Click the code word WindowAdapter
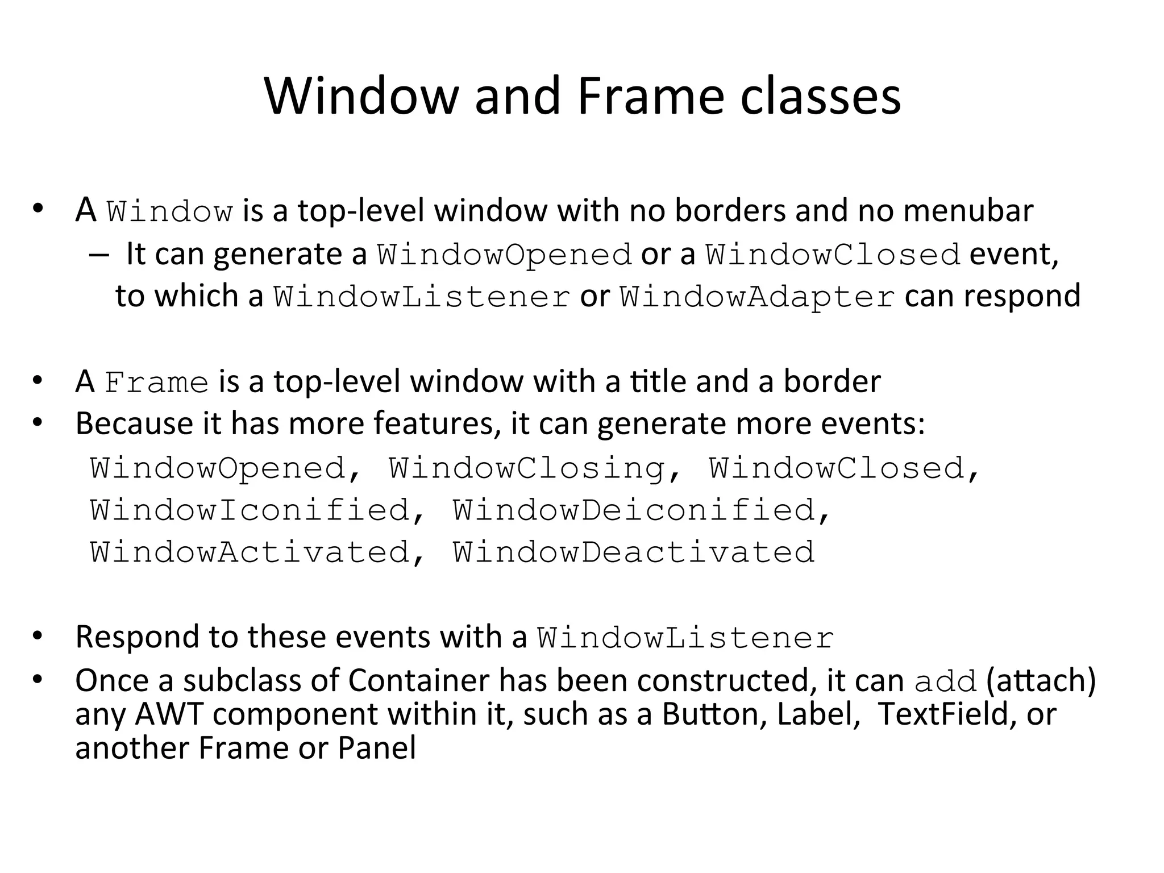(x=757, y=297)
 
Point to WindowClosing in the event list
(x=526, y=468)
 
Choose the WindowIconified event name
(x=250, y=510)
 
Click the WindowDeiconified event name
(x=634, y=510)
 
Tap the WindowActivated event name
(x=250, y=552)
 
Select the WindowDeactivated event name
(x=634, y=552)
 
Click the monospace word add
(x=945, y=681)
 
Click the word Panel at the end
(x=377, y=747)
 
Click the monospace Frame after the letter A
(x=157, y=382)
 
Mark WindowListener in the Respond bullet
(x=685, y=638)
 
